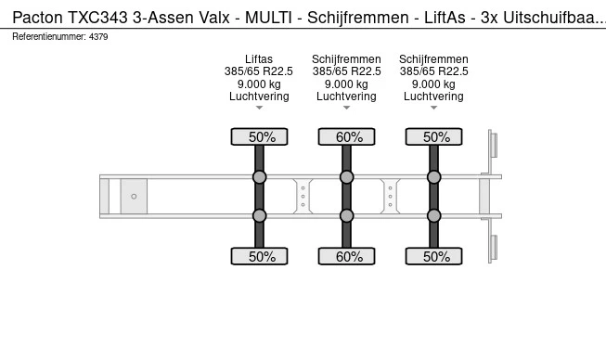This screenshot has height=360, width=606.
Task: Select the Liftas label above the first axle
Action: click(259, 59)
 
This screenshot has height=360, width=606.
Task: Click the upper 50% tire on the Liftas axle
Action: click(260, 137)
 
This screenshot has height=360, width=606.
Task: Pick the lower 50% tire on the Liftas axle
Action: click(260, 256)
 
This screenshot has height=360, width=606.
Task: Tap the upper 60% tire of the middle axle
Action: click(347, 137)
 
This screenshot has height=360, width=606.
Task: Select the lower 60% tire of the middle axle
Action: click(347, 256)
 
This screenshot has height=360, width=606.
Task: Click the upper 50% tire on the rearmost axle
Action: click(434, 137)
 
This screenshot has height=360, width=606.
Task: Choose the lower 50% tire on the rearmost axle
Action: click(434, 256)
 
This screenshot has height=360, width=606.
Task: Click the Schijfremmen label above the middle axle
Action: click(346, 59)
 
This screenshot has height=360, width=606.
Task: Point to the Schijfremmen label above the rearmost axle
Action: click(433, 59)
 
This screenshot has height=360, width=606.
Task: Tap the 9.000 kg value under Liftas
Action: click(259, 84)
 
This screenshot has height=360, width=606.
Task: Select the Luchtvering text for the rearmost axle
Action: click(433, 96)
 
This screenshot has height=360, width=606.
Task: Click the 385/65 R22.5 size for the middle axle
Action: click(346, 71)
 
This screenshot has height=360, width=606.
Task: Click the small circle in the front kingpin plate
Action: click(134, 196)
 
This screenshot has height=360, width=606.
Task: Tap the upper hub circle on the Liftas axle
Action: click(260, 176)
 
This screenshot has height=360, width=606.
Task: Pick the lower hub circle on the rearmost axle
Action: click(434, 215)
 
